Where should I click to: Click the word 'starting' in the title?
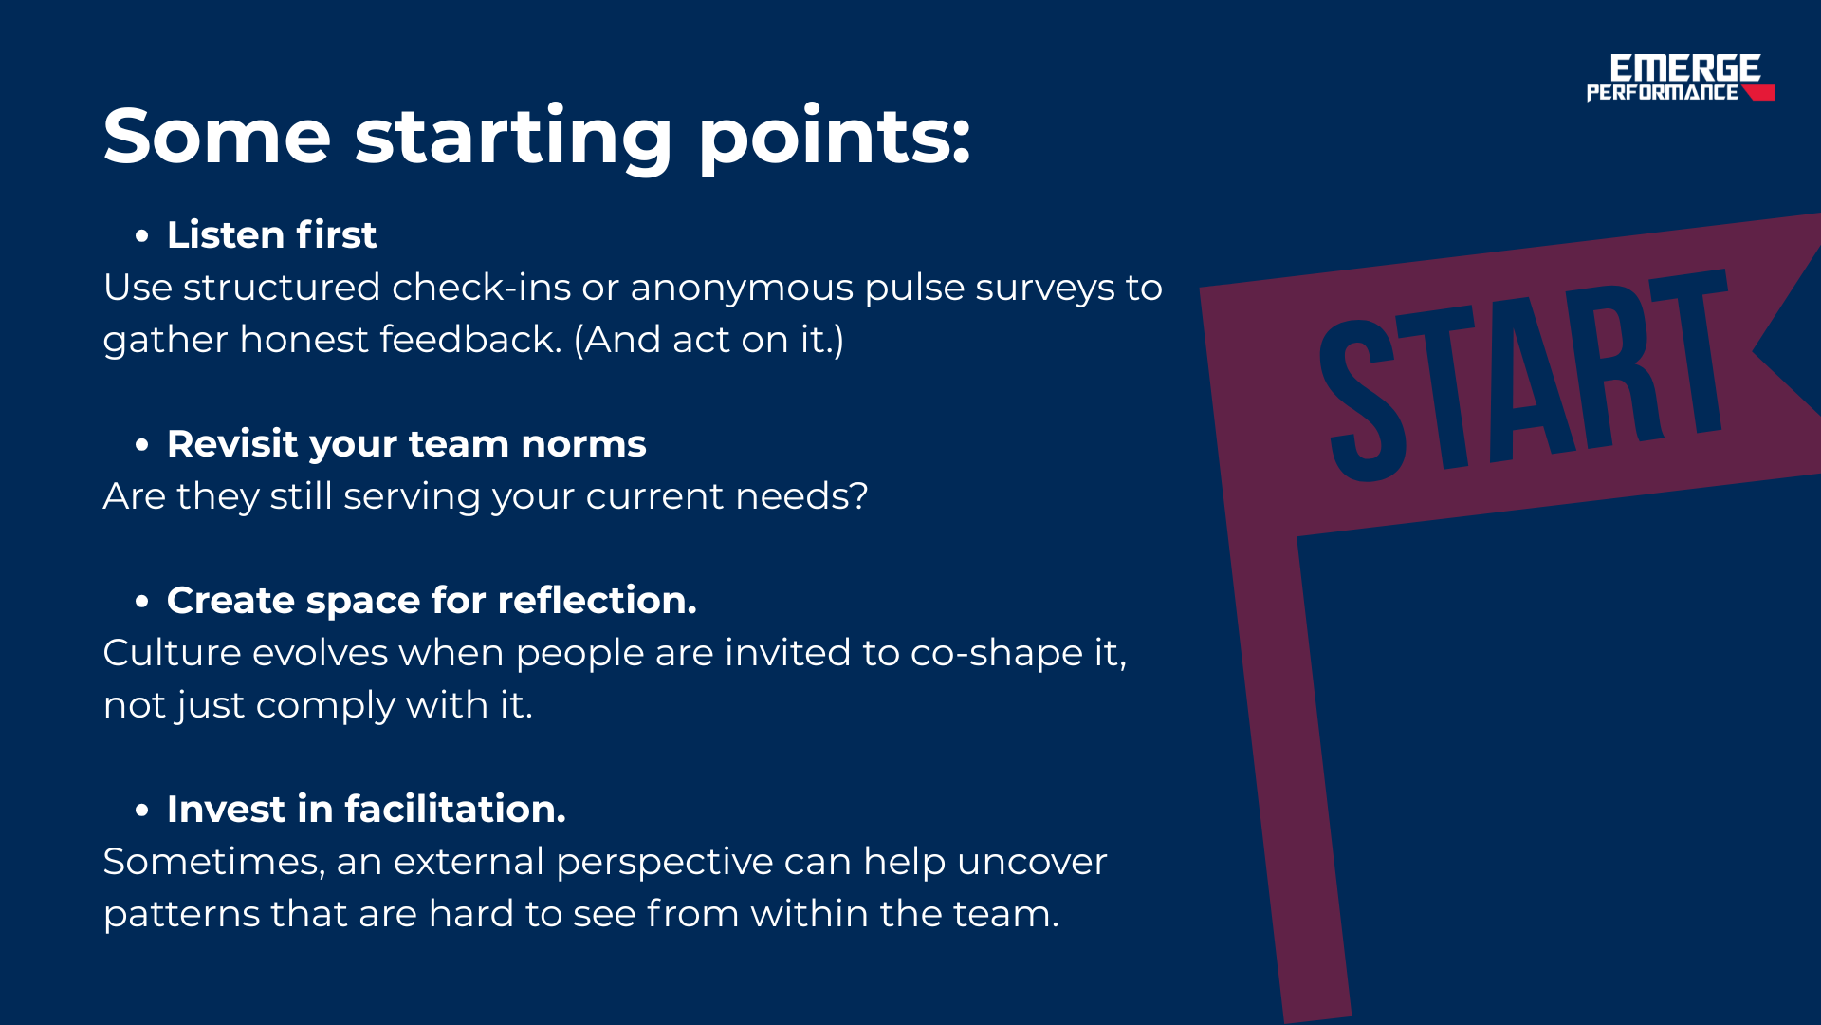tap(513, 140)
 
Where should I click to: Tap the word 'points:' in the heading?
tap(835, 140)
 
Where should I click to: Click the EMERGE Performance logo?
tap(1680, 78)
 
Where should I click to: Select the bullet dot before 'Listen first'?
tap(142, 235)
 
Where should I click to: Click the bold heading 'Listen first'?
tap(271, 234)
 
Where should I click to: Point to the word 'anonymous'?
tap(742, 288)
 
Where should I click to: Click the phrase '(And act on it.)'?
tap(708, 340)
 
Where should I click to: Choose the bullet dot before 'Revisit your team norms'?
tap(142, 444)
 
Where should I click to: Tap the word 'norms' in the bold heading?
tap(583, 444)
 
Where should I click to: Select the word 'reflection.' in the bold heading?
tap(597, 600)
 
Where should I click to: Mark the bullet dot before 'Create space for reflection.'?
tap(142, 601)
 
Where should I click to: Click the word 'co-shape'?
tap(997, 654)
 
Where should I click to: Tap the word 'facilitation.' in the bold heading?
tap(455, 809)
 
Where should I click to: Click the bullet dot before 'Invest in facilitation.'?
tap(142, 810)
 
